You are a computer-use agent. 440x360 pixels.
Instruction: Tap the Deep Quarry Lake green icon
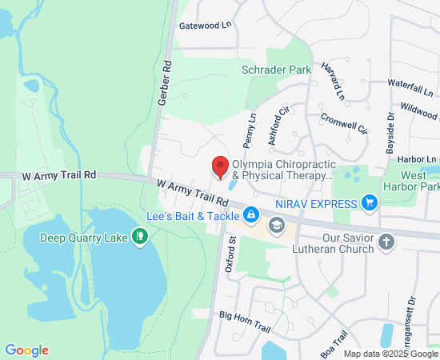(141, 235)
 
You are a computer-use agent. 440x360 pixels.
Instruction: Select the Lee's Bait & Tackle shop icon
(251, 215)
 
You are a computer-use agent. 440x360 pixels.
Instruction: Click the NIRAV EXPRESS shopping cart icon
(369, 203)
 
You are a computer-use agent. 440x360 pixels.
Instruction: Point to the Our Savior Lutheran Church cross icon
(386, 242)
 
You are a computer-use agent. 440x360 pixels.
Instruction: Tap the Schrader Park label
(276, 70)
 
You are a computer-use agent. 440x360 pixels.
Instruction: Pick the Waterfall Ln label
(410, 83)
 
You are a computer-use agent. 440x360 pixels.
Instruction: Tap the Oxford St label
(230, 254)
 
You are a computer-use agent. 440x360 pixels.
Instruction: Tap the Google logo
(26, 350)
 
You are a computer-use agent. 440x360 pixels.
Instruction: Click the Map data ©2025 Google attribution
(391, 354)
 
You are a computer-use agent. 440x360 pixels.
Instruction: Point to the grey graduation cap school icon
(278, 225)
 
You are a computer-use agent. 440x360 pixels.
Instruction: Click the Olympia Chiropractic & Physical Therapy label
(281, 169)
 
